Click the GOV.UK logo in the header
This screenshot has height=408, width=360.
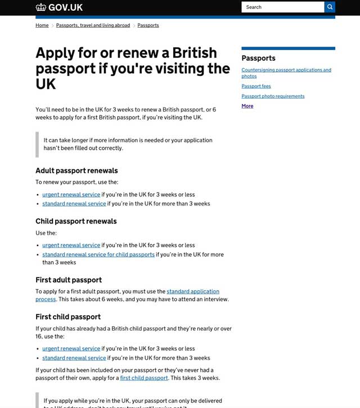(x=59, y=7)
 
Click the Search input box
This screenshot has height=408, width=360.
(x=282, y=7)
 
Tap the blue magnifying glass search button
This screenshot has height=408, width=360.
(x=330, y=7)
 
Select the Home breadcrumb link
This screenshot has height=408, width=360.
(x=42, y=25)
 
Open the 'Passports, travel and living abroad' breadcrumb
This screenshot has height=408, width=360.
(x=93, y=25)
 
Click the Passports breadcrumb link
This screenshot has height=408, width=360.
(x=148, y=25)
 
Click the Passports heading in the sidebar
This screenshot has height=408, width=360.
(x=258, y=58)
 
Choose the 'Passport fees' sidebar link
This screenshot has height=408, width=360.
(x=256, y=86)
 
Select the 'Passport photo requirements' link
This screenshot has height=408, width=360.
(x=273, y=96)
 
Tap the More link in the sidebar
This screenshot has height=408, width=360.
(x=247, y=106)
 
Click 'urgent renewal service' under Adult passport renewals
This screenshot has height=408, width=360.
(x=71, y=195)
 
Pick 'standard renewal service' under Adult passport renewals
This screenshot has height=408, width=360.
(x=74, y=204)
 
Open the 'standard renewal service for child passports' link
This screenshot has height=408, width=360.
(x=98, y=254)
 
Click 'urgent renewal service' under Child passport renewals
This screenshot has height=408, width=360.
(x=71, y=245)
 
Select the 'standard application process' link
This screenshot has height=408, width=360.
(x=192, y=292)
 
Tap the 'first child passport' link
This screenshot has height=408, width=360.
(x=144, y=378)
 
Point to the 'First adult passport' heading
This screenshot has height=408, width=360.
(x=69, y=280)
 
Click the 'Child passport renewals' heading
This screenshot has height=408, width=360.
(x=76, y=221)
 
